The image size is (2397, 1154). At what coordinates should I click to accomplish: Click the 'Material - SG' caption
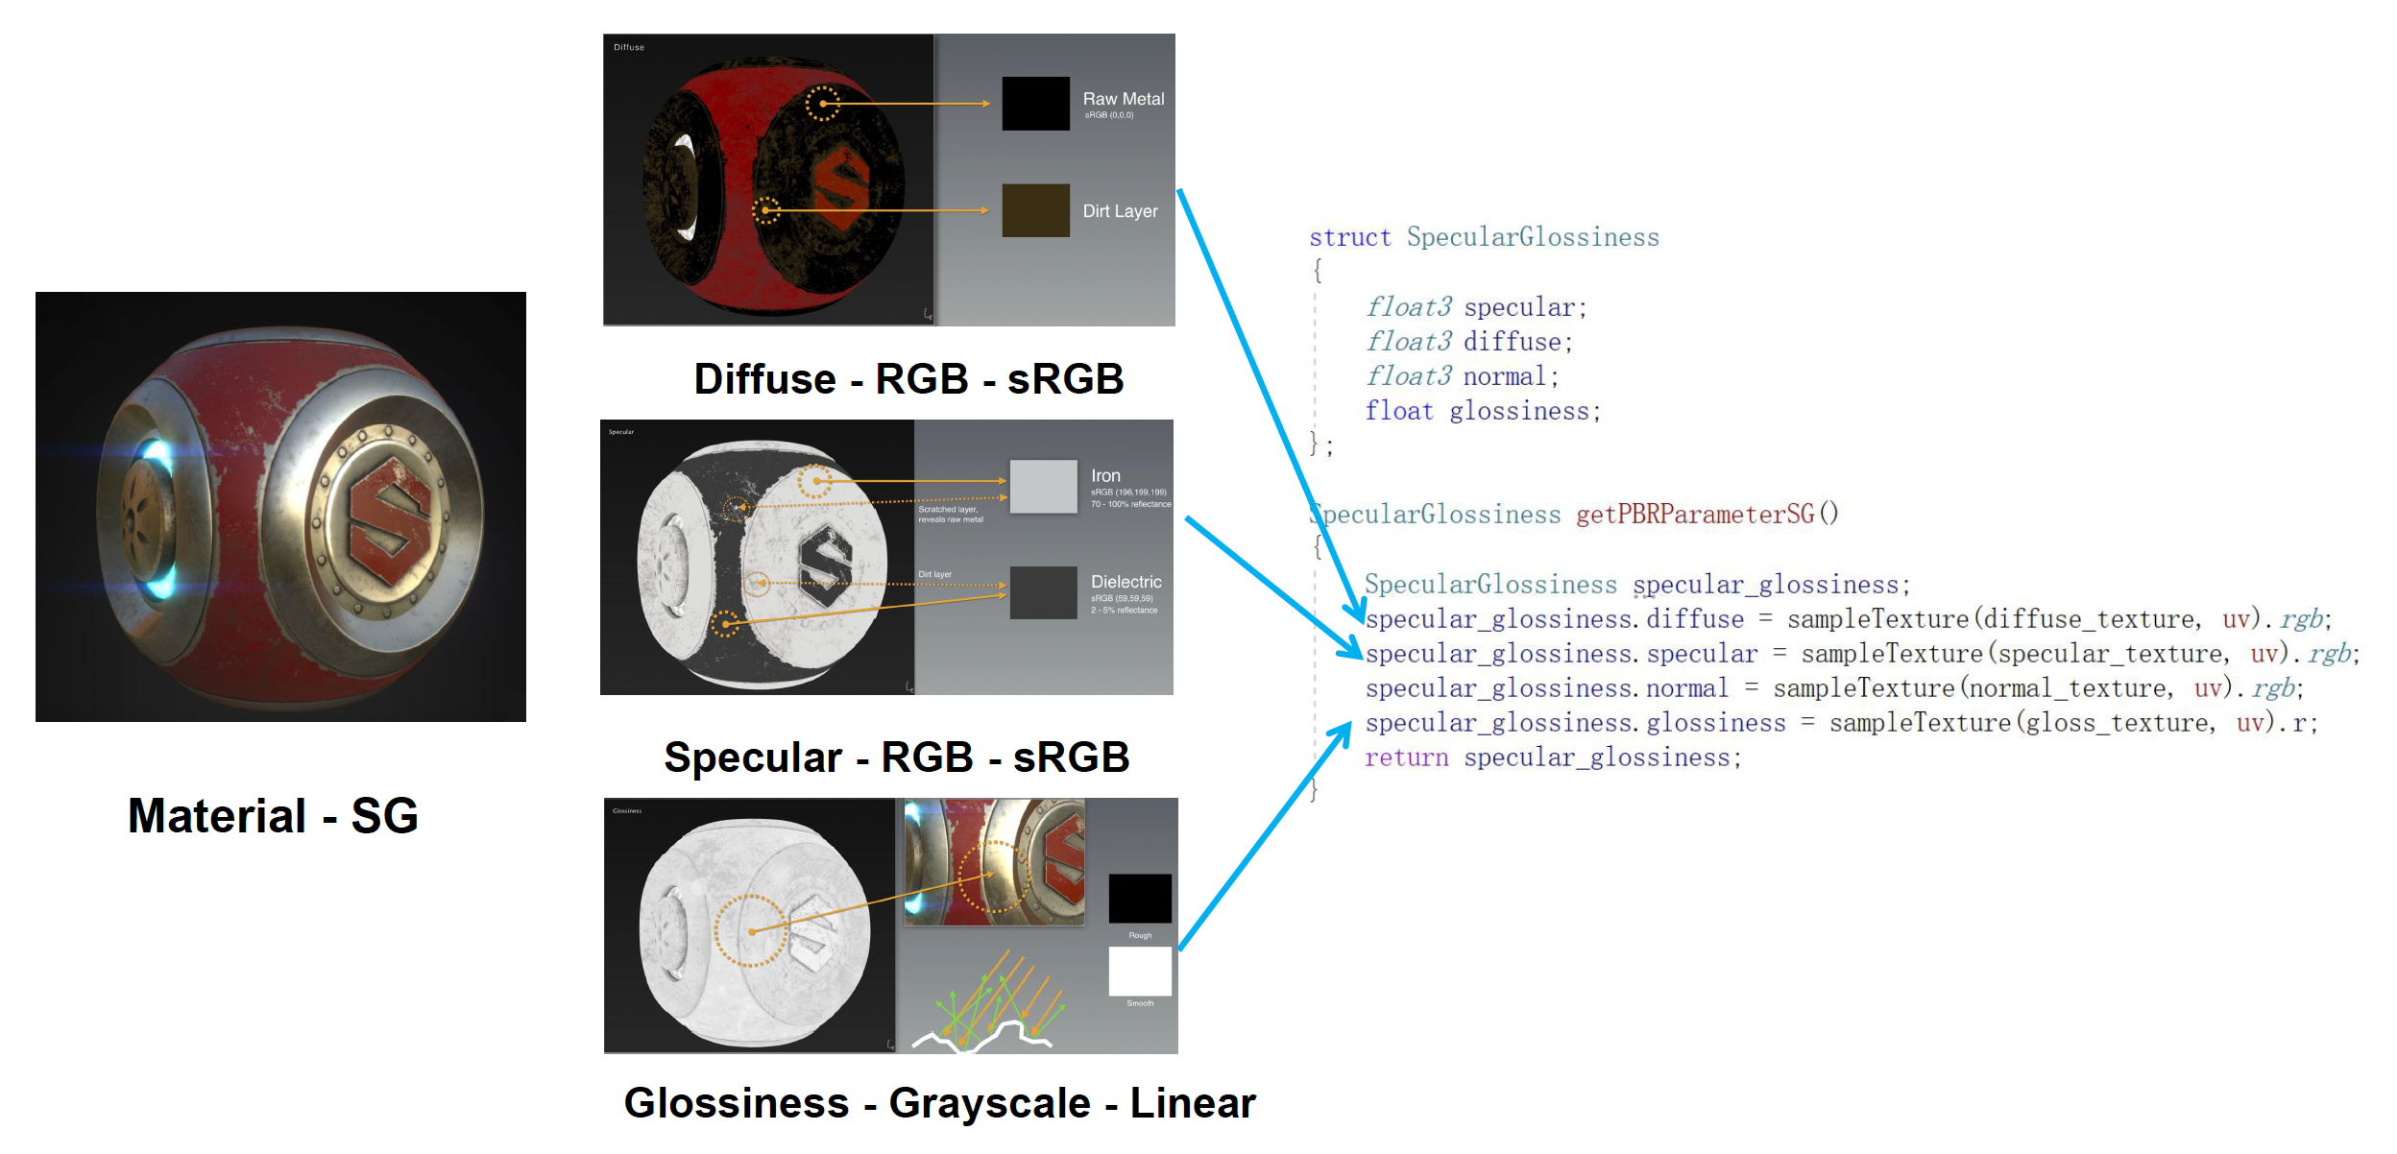coord(273,816)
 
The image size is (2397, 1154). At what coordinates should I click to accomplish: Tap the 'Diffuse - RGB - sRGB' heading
coord(908,379)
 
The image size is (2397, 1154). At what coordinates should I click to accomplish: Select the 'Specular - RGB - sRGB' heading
coord(896,757)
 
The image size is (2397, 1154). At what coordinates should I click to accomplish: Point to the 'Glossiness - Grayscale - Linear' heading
coord(939,1103)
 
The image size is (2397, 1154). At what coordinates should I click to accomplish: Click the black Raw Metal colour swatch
coord(1035,104)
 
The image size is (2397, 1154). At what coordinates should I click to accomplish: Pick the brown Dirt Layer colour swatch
coord(1035,210)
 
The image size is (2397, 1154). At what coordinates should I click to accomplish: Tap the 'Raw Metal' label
coord(1123,99)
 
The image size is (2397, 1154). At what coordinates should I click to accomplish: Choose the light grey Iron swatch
coord(1043,486)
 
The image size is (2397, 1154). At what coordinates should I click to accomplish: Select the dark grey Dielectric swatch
coord(1043,592)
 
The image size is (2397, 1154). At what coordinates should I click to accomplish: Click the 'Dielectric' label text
coord(1126,582)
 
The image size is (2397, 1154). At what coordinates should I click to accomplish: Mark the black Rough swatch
coord(1140,899)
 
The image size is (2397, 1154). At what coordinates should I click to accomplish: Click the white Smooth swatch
coord(1140,971)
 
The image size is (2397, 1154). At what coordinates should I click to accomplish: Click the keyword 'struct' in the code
coord(1349,237)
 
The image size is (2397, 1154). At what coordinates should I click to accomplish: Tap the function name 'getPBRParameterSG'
coord(1695,515)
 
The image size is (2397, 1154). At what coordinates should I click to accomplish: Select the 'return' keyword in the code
coord(1406,757)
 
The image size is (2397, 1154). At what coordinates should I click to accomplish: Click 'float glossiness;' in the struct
coord(1483,411)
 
